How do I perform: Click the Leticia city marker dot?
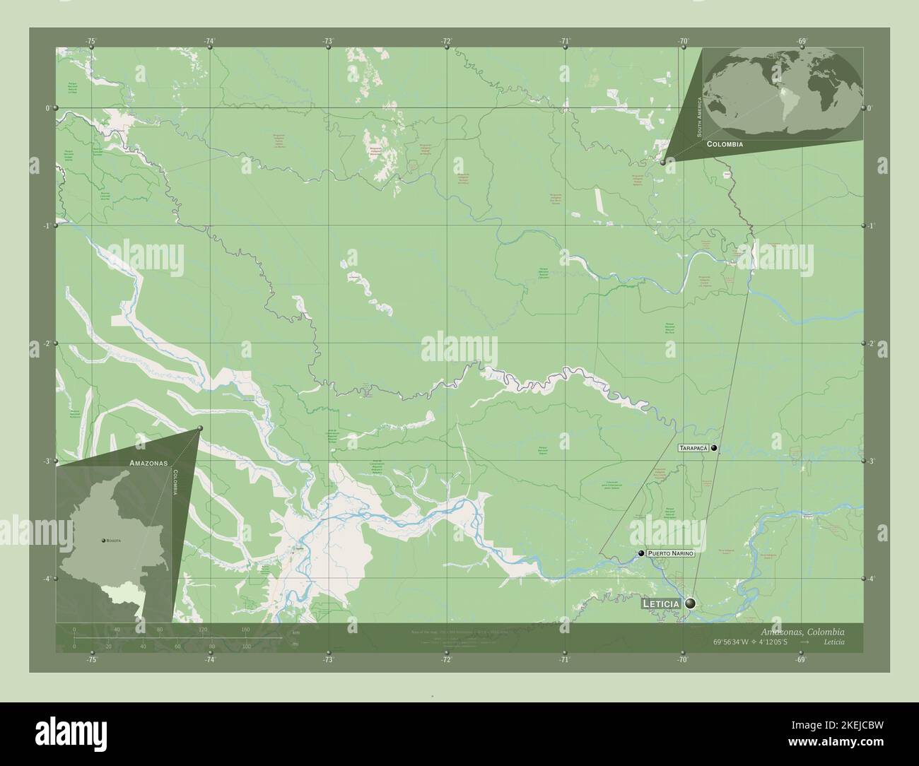pos(689,603)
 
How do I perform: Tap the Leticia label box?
pos(661,604)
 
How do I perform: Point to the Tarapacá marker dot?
pos(715,448)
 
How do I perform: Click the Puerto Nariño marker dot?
pos(640,553)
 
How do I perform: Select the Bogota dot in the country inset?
pos(104,540)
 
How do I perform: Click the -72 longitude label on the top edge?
pos(446,42)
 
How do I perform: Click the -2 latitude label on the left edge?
pos(47,343)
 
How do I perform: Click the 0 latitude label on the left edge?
pos(48,108)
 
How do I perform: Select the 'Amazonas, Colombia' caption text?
pos(802,632)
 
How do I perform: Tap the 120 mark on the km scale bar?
pos(203,629)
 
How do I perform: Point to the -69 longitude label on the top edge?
pos(801,42)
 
